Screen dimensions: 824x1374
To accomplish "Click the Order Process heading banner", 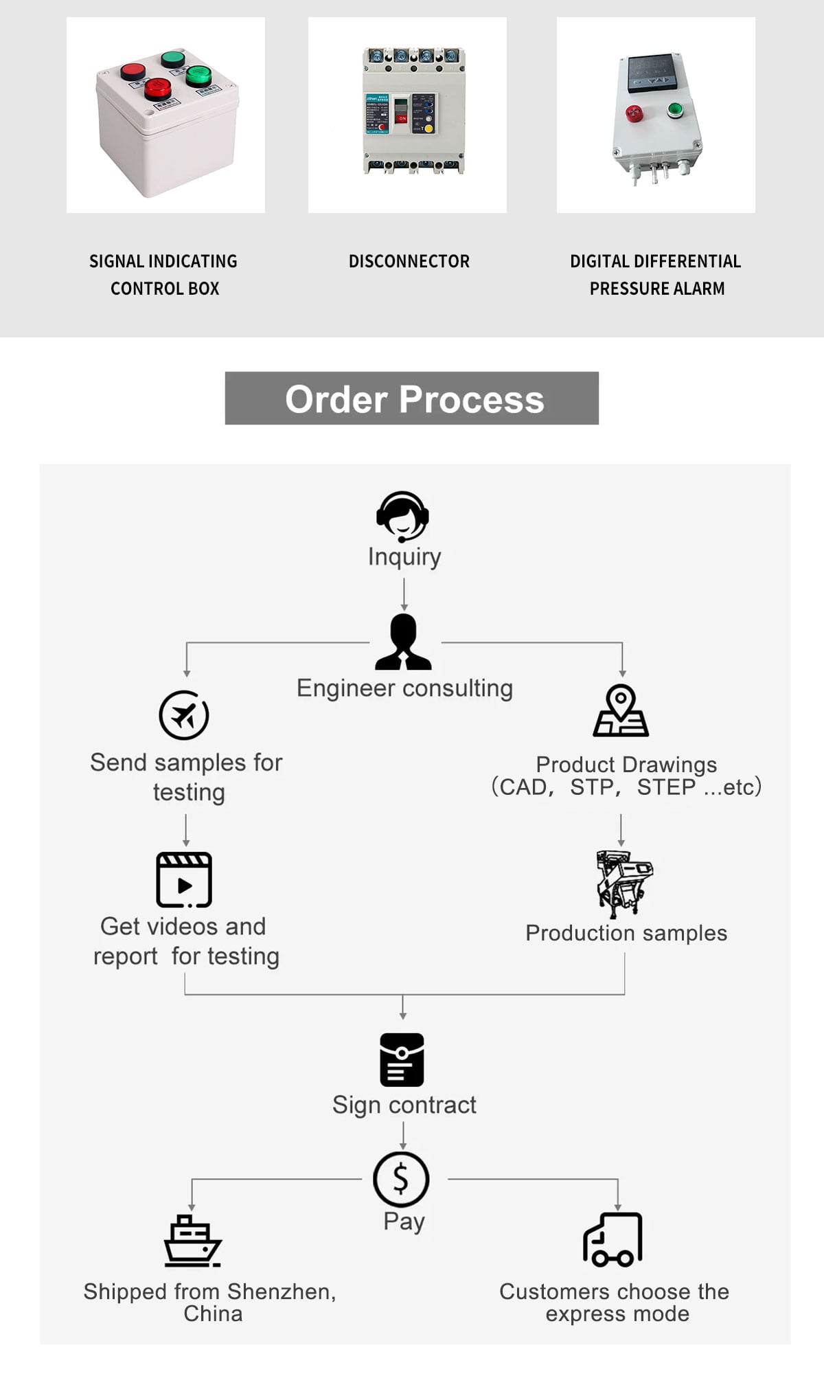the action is pos(412,398).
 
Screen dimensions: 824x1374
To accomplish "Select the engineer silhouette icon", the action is pos(403,642).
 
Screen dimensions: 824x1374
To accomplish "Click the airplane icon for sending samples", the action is pos(184,715).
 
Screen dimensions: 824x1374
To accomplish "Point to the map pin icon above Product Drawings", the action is pos(621,710).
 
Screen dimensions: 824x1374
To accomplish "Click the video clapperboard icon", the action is pos(184,880).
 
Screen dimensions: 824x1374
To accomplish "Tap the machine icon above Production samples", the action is pos(624,884).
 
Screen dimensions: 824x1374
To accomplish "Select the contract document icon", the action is pos(402,1060).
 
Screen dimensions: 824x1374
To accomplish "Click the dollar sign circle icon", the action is pos(402,1180).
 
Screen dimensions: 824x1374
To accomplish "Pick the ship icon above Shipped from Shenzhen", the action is pos(192,1241).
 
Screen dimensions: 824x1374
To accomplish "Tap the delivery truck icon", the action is pos(613,1239).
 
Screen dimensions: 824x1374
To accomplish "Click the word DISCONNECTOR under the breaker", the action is pos(409,262).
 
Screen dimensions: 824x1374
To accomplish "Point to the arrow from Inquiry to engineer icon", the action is pos(404,594).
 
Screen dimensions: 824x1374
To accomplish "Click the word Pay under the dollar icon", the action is pos(404,1222).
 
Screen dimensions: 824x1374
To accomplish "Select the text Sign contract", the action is pos(404,1105).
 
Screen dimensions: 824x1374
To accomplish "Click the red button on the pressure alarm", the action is pos(634,113).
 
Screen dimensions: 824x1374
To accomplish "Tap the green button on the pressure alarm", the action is pos(674,109).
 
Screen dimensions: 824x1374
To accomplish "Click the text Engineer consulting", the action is pos(405,688).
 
